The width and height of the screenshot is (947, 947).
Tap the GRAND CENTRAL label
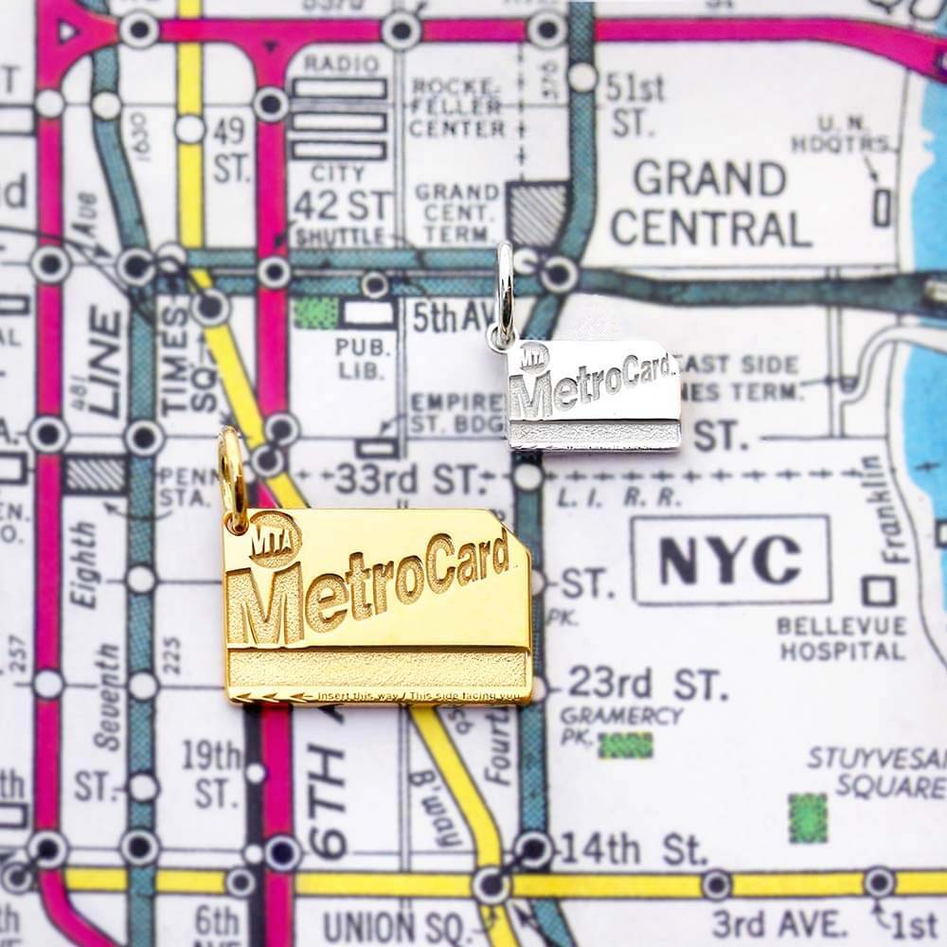pos(710,204)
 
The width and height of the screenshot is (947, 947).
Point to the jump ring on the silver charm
pos(505,294)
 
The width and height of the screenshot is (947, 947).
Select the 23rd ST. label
pos(647,683)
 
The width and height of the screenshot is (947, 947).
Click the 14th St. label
pos(631,849)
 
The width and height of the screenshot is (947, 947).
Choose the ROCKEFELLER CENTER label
pos(457,107)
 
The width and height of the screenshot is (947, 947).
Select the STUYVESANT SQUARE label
pos(876,772)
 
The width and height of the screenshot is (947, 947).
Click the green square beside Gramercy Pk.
pos(625,744)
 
